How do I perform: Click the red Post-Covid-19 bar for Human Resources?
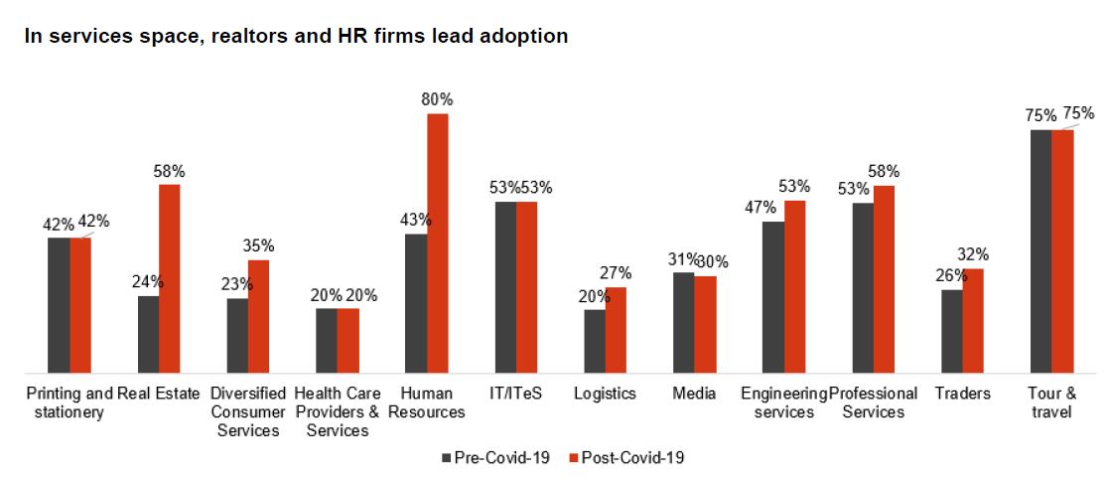[x=438, y=243]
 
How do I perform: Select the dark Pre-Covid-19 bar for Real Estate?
[x=148, y=334]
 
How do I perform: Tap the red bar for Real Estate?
[x=170, y=278]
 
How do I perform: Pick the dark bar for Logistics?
[x=594, y=341]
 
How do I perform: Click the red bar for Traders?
[x=973, y=320]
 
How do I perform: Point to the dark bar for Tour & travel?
[x=1040, y=251]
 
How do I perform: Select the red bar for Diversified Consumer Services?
[x=258, y=316]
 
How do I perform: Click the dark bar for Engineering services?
[x=773, y=297]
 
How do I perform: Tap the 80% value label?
[x=437, y=99]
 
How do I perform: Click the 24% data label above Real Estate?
[x=148, y=281]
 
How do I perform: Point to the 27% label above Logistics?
[x=617, y=273]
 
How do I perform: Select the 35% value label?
[x=258, y=245]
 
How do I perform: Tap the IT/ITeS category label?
[x=515, y=394]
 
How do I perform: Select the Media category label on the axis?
[x=694, y=394]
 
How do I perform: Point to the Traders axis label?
[x=962, y=394]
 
